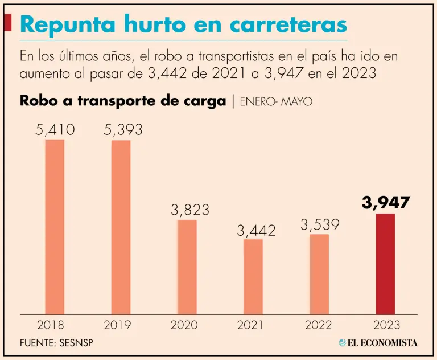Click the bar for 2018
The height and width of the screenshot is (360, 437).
[x=55, y=226]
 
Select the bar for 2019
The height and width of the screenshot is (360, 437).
[x=121, y=226]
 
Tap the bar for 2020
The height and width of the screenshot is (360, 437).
[x=187, y=267]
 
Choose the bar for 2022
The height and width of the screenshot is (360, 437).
[x=319, y=273]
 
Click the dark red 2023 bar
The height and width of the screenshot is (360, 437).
[x=385, y=263]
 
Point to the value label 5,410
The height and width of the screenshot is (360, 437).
[x=55, y=130]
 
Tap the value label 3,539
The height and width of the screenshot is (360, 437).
[x=320, y=224]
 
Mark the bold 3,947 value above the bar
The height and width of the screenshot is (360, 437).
[x=386, y=203]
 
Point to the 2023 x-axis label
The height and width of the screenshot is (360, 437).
[x=386, y=325]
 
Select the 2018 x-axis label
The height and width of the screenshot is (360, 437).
[x=51, y=325]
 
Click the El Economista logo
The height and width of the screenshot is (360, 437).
[x=378, y=342]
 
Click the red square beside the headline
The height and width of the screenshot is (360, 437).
[x=7, y=23]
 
